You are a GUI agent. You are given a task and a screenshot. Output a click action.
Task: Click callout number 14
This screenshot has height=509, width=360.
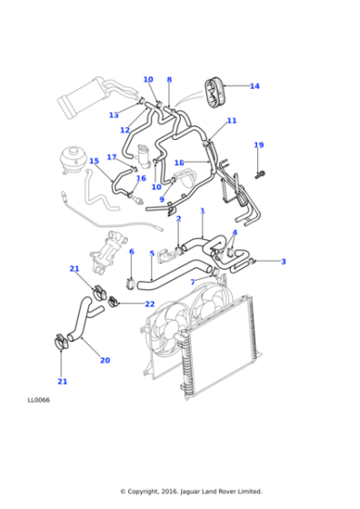(255, 86)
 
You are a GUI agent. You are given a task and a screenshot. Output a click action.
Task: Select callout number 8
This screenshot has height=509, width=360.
(169, 80)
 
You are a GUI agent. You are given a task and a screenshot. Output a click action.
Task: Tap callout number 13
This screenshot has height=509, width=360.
(114, 115)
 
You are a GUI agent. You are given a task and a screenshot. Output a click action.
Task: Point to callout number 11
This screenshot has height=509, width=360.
(232, 121)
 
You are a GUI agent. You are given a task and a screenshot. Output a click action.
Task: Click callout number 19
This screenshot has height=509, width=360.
(258, 145)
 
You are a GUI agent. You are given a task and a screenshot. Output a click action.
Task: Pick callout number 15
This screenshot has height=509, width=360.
(94, 161)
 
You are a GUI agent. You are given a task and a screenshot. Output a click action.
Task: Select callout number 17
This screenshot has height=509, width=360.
(111, 157)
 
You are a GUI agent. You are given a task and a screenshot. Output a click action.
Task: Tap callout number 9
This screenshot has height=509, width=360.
(162, 200)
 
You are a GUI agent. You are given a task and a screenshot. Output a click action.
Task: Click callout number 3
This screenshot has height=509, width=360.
(283, 262)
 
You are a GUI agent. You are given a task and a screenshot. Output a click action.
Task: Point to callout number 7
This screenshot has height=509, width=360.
(192, 282)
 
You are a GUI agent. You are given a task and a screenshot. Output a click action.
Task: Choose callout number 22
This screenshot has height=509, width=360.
(150, 304)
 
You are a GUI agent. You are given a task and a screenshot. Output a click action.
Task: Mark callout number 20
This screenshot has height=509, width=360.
(105, 361)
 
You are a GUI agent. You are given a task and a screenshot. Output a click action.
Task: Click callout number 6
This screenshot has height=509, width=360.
(131, 252)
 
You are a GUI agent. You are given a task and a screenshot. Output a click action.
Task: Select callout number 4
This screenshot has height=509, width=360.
(235, 233)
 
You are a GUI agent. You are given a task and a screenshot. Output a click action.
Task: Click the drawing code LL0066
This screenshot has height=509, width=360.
(38, 399)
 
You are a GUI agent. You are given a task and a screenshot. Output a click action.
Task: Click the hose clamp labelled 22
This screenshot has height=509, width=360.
(115, 301)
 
